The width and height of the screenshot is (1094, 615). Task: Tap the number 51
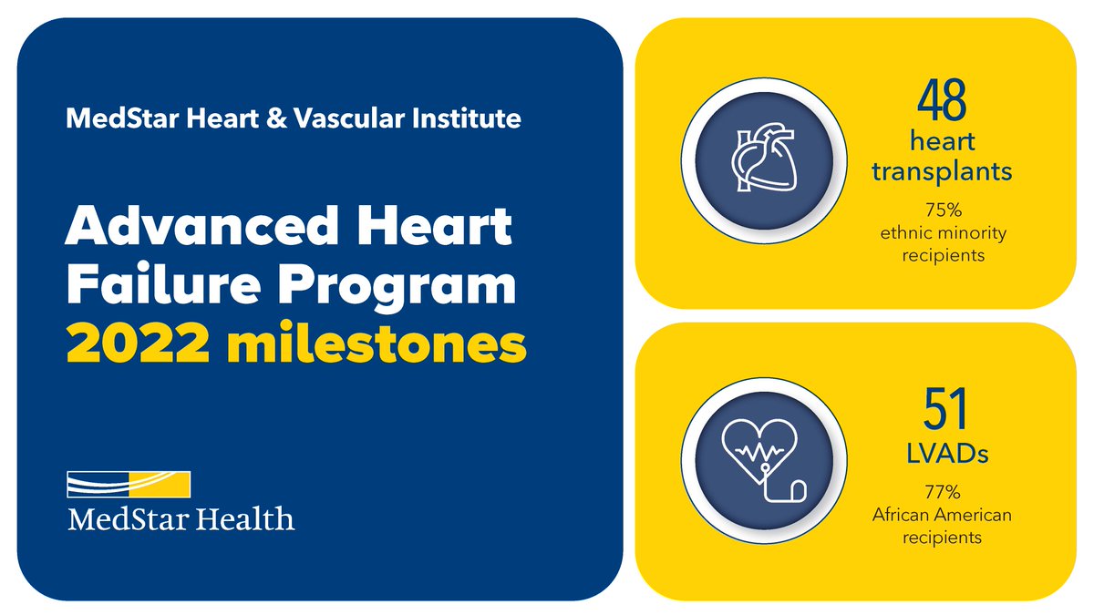(943, 411)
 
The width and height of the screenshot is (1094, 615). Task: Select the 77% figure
(943, 493)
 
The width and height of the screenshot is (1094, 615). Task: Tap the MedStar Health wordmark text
(181, 519)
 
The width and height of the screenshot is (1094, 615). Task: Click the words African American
(943, 516)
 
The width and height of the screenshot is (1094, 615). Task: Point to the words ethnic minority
(943, 232)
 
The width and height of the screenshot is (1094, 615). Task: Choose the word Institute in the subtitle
(469, 118)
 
